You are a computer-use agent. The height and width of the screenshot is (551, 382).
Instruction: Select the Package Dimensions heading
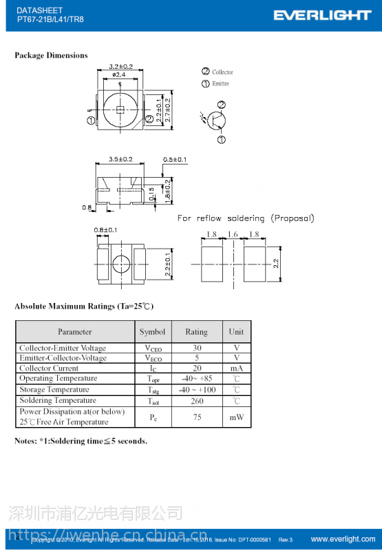coord(51,55)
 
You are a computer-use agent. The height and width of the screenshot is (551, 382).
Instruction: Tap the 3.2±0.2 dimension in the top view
coord(120,67)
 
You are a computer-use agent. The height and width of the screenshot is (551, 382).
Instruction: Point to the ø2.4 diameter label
coord(119,74)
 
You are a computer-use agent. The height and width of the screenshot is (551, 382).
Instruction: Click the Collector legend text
coord(222,72)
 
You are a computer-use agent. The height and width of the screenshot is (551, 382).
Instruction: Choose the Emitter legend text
coord(220,84)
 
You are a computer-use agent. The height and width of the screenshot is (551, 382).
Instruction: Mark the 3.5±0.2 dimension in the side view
coord(120,159)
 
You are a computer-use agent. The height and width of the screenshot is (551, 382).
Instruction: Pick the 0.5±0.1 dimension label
coord(175,160)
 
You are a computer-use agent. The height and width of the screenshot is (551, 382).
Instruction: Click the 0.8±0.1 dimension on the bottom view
coord(105,229)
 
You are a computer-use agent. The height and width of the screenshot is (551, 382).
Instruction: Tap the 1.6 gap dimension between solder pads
coord(233,235)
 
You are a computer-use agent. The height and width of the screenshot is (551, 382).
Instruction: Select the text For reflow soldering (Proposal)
coord(246,218)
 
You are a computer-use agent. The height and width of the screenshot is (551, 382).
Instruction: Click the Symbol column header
coord(152,332)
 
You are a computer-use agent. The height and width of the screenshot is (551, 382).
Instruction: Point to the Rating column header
coord(196,332)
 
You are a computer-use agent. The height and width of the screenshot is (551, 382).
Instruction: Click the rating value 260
coord(196,401)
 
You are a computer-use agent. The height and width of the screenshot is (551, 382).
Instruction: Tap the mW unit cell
coord(236,417)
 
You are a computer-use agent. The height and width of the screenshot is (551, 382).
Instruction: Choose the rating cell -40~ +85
coord(196,379)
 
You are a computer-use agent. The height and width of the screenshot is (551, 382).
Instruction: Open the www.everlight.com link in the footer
coord(343,539)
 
